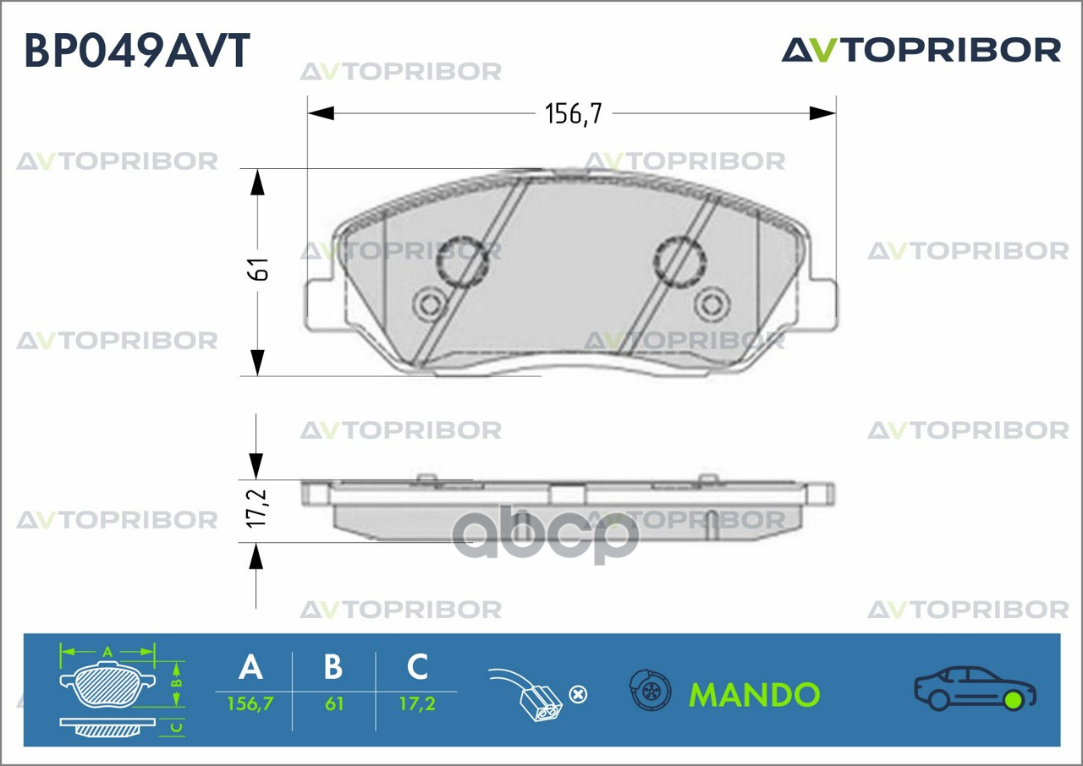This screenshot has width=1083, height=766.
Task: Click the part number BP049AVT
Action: (x=137, y=50)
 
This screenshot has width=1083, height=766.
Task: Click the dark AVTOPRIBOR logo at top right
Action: (x=921, y=50)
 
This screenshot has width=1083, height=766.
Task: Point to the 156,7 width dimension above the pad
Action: (x=574, y=114)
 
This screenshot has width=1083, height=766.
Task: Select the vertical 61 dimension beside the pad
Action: (x=261, y=269)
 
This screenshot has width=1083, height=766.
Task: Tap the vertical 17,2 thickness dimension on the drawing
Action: (x=256, y=508)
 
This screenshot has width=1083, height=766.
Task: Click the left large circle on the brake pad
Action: (x=462, y=261)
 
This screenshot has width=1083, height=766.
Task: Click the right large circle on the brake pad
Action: (x=679, y=261)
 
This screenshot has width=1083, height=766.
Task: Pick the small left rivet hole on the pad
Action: (x=430, y=304)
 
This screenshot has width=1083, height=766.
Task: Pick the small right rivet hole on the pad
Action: (x=712, y=304)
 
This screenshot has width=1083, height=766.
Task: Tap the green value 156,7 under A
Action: (x=250, y=703)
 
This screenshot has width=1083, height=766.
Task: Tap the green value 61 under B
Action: (x=334, y=703)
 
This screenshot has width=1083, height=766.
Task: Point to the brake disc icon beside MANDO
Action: (x=650, y=690)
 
